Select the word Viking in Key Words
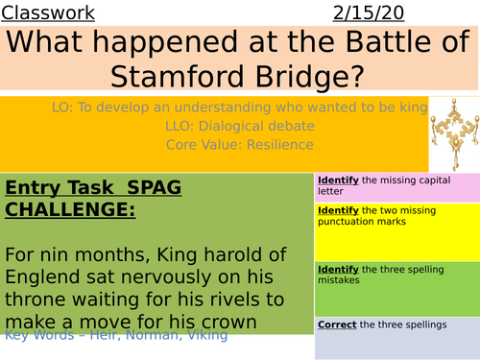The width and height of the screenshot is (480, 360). coord(206,334)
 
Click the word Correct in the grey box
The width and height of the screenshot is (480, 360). coord(336,324)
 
